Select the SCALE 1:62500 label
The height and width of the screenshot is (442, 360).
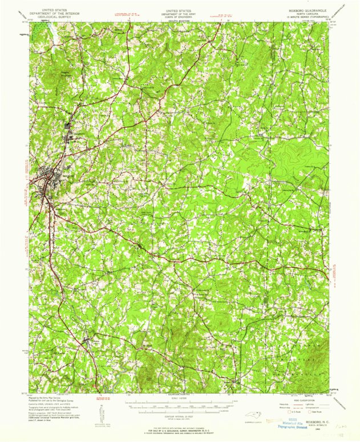(x=180, y=398)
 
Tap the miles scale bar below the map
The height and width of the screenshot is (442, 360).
(x=180, y=403)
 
